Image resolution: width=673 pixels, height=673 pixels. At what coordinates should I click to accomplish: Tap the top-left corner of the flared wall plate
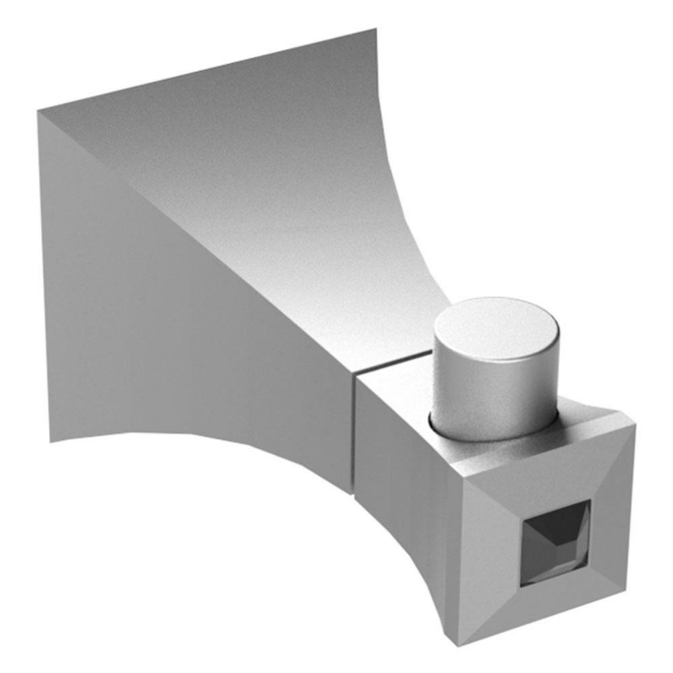(38, 110)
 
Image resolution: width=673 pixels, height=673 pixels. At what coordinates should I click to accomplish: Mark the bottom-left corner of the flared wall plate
(51, 441)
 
